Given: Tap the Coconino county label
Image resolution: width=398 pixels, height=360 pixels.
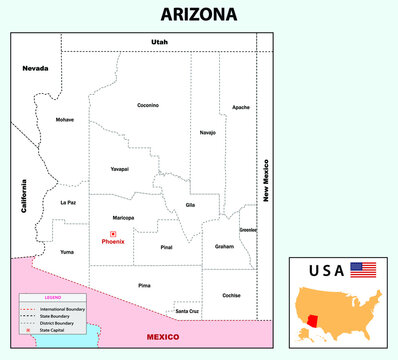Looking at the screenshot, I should (x=148, y=105).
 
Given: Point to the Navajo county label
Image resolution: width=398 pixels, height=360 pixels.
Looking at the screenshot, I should (x=208, y=132).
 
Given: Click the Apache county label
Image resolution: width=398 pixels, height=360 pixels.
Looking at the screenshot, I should (x=241, y=107).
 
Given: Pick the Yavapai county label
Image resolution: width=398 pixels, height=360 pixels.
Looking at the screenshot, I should (x=120, y=169).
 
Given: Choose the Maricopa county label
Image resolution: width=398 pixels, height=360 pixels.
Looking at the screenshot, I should (x=124, y=217).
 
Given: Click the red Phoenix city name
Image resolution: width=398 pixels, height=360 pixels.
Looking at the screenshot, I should (x=113, y=242).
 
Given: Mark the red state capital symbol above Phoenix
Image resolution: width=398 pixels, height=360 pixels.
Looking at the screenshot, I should (x=113, y=234).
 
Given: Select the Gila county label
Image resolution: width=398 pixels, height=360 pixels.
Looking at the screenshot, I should (x=189, y=205).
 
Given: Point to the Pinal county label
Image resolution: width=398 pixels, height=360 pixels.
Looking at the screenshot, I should (x=166, y=245).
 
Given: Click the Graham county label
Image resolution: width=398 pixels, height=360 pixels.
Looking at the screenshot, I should (x=224, y=246).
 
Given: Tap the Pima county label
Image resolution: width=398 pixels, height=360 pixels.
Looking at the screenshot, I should (x=146, y=285).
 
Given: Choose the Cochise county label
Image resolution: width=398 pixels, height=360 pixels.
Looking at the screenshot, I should (x=232, y=295).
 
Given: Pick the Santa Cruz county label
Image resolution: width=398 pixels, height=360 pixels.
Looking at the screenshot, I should (x=187, y=312).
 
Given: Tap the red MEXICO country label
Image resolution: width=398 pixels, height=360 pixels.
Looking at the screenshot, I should (x=162, y=337).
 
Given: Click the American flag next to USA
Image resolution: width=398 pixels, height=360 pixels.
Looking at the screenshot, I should (x=363, y=271).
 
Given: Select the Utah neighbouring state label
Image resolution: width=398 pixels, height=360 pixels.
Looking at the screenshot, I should (x=160, y=42).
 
